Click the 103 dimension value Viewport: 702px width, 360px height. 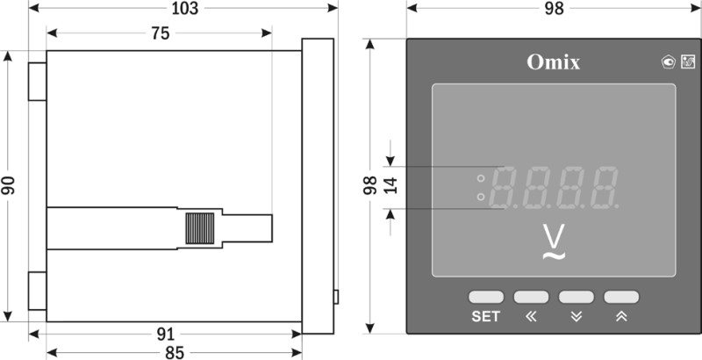click(185, 8)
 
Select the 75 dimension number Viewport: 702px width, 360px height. click(161, 33)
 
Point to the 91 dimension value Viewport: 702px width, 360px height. click(165, 334)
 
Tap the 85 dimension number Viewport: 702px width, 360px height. click(174, 353)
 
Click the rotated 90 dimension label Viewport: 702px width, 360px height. click(8, 185)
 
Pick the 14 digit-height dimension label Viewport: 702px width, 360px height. click(390, 185)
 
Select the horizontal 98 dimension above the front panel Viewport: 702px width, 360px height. click(554, 8)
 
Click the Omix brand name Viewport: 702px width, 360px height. click(554, 62)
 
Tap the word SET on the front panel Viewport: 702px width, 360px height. click(485, 317)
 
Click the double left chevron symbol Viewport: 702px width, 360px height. click(531, 317)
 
